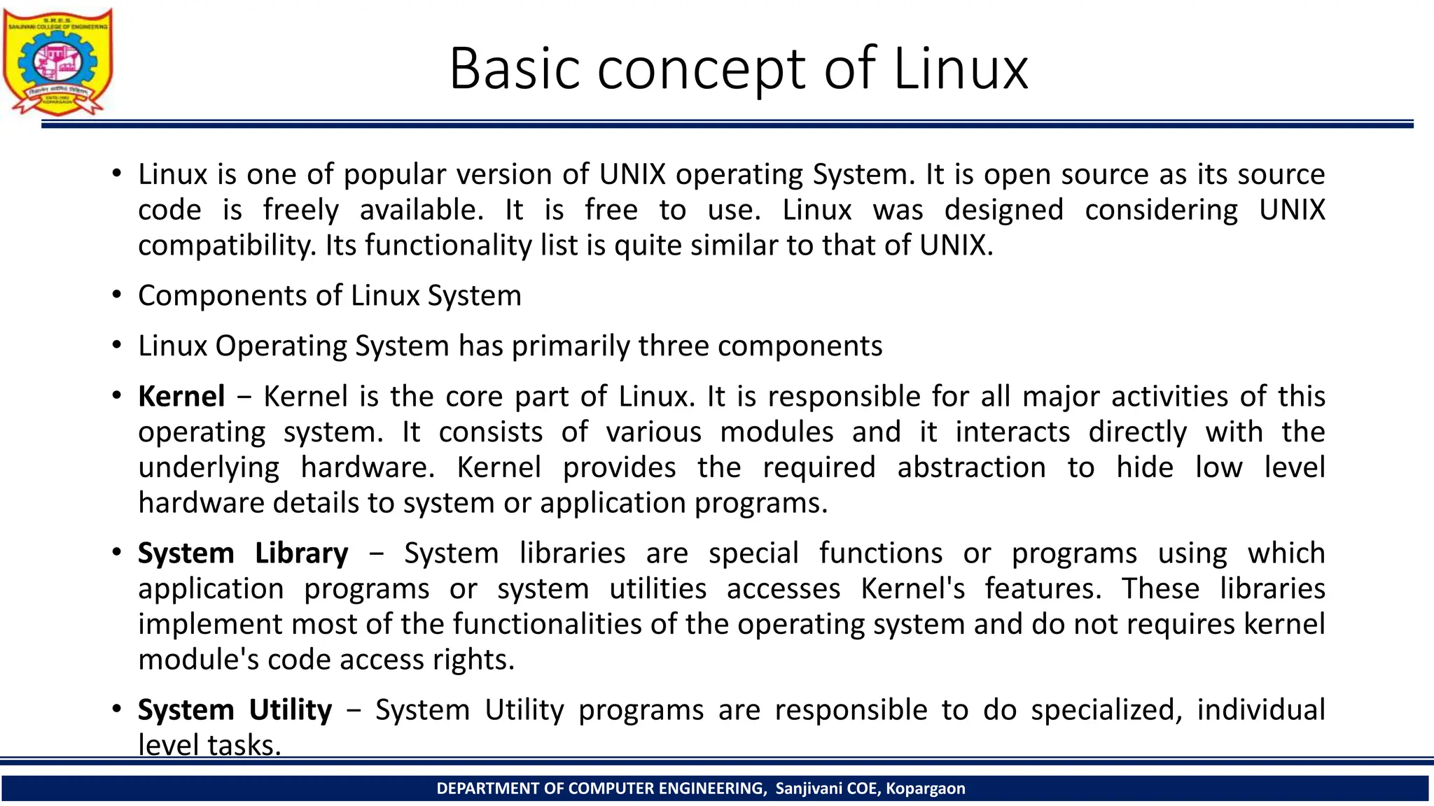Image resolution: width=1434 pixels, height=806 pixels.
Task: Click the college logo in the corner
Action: (57, 62)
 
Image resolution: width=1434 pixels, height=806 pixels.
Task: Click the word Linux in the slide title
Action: (961, 69)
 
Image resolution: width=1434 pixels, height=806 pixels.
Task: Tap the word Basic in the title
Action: (515, 69)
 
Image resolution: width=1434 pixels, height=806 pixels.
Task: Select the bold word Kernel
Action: (181, 397)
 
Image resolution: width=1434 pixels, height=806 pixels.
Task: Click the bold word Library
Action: (301, 553)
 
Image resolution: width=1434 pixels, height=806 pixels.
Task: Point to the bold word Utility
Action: (291, 710)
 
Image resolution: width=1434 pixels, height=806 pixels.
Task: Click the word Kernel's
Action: (912, 589)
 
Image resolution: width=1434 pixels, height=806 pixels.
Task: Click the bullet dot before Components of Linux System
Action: (117, 295)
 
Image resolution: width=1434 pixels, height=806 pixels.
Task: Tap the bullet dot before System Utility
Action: (117, 709)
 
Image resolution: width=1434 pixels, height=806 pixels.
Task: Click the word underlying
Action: (209, 468)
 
